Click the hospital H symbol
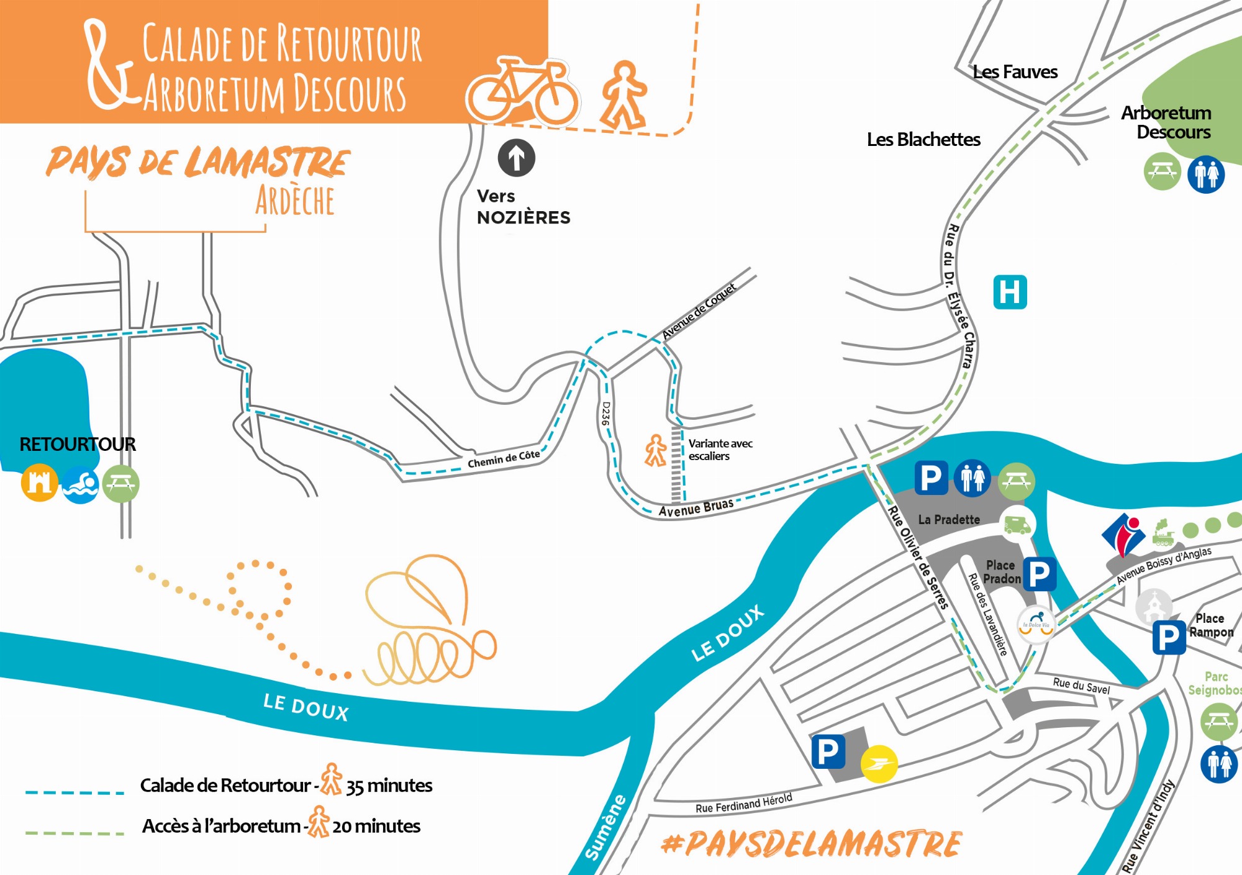(x=1010, y=292)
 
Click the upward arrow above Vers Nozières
(x=516, y=158)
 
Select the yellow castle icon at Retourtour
(x=39, y=483)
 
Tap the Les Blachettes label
(x=923, y=139)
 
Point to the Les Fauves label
(x=1015, y=72)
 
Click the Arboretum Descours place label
(x=1166, y=122)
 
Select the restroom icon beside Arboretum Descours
(x=1206, y=175)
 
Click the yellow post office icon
(x=879, y=763)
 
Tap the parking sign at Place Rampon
(x=1169, y=637)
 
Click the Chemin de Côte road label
(x=504, y=459)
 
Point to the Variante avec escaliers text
(x=720, y=450)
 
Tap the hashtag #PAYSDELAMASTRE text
(x=811, y=844)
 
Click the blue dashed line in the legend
(x=75, y=792)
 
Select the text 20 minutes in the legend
(x=376, y=826)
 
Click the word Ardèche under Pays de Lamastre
(x=295, y=201)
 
